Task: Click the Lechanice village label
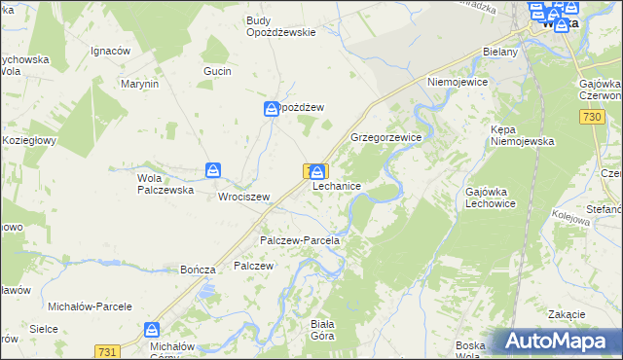(x=338, y=186)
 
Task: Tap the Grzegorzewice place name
(x=385, y=138)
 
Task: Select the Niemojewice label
(x=457, y=83)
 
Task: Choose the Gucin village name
(x=217, y=72)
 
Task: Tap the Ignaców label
(x=110, y=51)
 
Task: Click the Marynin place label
(x=139, y=85)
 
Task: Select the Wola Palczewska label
(x=161, y=184)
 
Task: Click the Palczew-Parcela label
(x=299, y=240)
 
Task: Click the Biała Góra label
(x=321, y=329)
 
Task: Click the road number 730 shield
(x=586, y=118)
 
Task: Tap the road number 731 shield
(x=108, y=350)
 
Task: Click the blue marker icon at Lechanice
(x=317, y=172)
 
